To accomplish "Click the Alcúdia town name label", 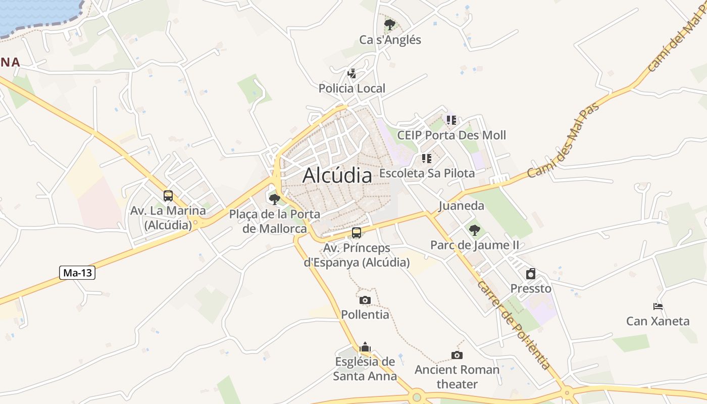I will pos(337,175).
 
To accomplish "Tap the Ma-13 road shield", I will pos(77,273).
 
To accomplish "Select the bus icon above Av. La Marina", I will pos(168,196).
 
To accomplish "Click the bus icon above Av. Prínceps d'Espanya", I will pos(357,233).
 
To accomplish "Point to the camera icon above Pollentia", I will pos(365,300).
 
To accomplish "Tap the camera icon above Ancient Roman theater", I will pos(457,355).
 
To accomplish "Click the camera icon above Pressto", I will pos(531,274).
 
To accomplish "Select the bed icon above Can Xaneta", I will pos(658,307).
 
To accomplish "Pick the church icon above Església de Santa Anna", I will pos(365,347).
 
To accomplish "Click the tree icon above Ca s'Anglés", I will pos(389,24).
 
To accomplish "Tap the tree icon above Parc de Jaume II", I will pos(474,230).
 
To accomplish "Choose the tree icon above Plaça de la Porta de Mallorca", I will pos(275,199).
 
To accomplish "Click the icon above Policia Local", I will pos(352,74).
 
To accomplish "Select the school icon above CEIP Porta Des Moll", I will pos(451,120).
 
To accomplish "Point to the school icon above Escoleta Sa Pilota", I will pos(427,159).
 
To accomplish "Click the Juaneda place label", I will pos(461,206).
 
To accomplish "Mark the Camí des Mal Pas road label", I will pos(563,140).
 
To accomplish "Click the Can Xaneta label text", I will pos(658,321).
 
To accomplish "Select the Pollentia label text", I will pos(365,315).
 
